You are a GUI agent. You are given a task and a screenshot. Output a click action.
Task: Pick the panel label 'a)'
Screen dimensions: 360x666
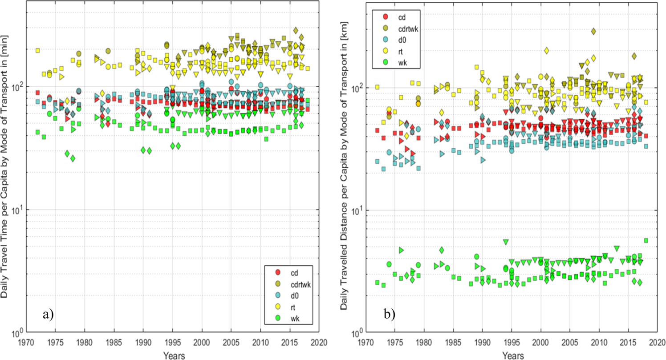(x=48, y=315)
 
